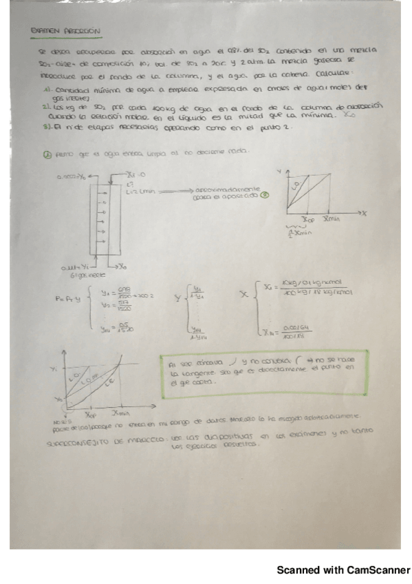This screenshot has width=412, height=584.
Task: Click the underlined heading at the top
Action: pyautogui.click(x=67, y=31)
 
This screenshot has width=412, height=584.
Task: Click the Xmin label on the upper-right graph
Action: pyautogui.click(x=332, y=218)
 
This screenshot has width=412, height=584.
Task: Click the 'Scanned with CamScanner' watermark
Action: pyautogui.click(x=343, y=570)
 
